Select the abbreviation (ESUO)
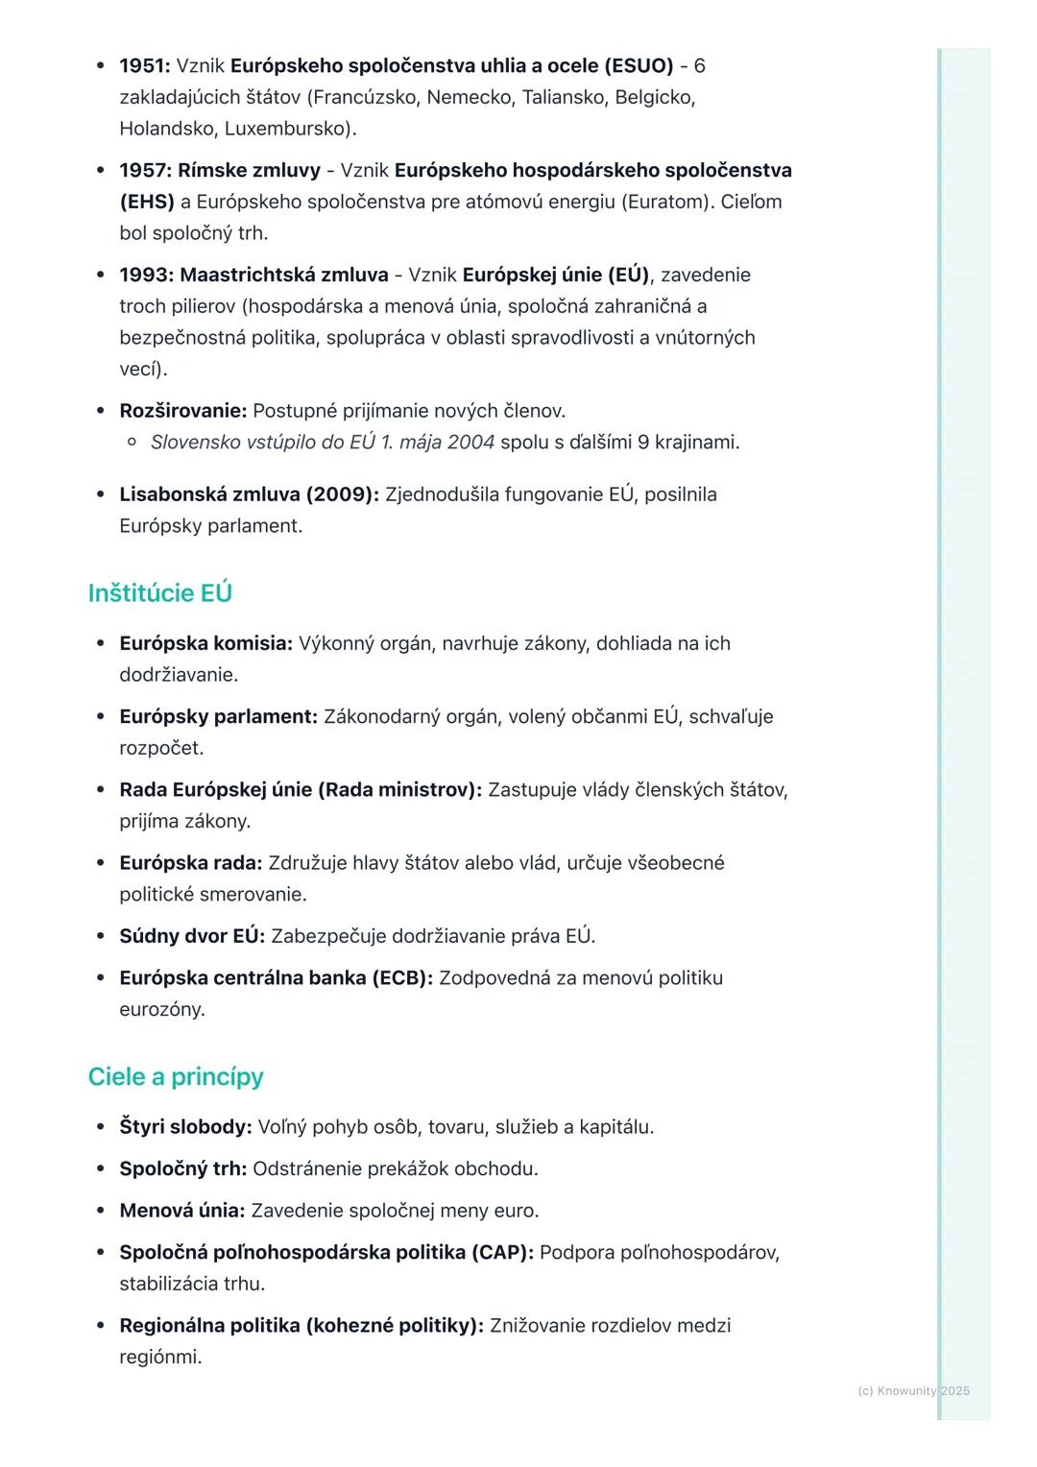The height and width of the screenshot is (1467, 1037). pyautogui.click(x=639, y=66)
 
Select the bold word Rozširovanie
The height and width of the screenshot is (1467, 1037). pyautogui.click(x=182, y=411)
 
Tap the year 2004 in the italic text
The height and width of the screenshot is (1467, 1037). pyautogui.click(x=470, y=443)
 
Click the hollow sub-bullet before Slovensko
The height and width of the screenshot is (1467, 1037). pyautogui.click(x=133, y=443)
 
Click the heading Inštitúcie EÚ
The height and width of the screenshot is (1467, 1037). pyautogui.click(x=159, y=593)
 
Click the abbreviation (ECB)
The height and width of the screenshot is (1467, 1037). pyautogui.click(x=402, y=978)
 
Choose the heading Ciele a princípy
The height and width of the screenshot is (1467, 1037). pyautogui.click(x=175, y=1077)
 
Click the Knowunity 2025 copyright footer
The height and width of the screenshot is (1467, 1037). pyautogui.click(x=913, y=1391)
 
